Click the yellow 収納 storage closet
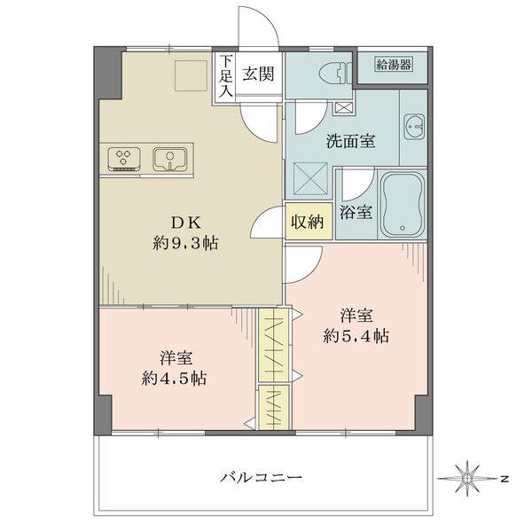pos(309,223)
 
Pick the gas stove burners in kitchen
pos(124,159)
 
